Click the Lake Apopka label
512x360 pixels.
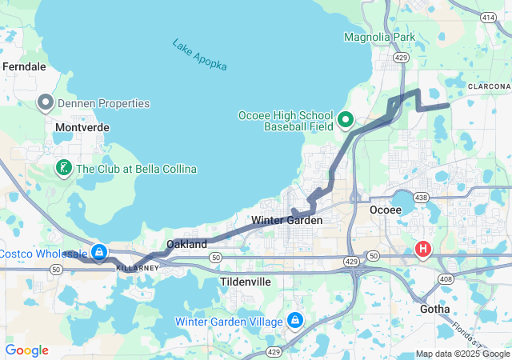click(x=199, y=55)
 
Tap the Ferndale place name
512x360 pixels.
click(x=24, y=67)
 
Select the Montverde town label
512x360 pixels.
click(x=82, y=127)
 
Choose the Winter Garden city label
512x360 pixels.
click(x=286, y=220)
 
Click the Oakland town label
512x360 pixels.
click(x=186, y=243)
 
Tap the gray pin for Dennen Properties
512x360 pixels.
click(x=46, y=102)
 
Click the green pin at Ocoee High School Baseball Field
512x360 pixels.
click(x=346, y=120)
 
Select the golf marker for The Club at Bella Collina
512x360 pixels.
click(x=63, y=168)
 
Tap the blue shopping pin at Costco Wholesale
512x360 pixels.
click(x=98, y=252)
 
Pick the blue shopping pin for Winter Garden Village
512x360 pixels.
click(x=295, y=321)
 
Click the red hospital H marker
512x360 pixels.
click(x=422, y=250)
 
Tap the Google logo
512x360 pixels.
click(x=26, y=350)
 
